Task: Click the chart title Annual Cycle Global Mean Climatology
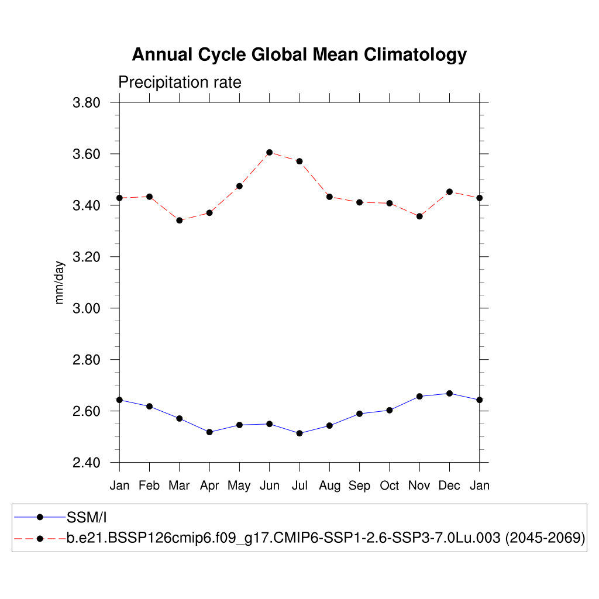click(x=299, y=54)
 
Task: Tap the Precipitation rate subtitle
click(x=180, y=82)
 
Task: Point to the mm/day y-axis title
click(x=60, y=283)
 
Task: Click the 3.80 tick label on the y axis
click(x=86, y=103)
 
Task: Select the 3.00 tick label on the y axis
click(x=86, y=308)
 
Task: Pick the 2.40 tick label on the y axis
click(x=86, y=463)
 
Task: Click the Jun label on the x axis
click(x=269, y=486)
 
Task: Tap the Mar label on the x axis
click(x=180, y=486)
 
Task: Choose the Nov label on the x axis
click(x=419, y=486)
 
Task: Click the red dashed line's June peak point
click(x=270, y=152)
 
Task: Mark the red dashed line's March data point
click(x=180, y=221)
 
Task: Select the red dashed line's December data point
click(x=449, y=191)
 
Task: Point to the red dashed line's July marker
click(x=299, y=161)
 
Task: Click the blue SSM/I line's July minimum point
click(x=299, y=433)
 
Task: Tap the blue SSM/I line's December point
click(x=449, y=393)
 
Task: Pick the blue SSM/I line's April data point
click(x=209, y=432)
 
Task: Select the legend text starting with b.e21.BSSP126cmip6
click(x=326, y=538)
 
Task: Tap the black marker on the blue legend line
click(x=40, y=517)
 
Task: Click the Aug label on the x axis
click(x=329, y=486)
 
